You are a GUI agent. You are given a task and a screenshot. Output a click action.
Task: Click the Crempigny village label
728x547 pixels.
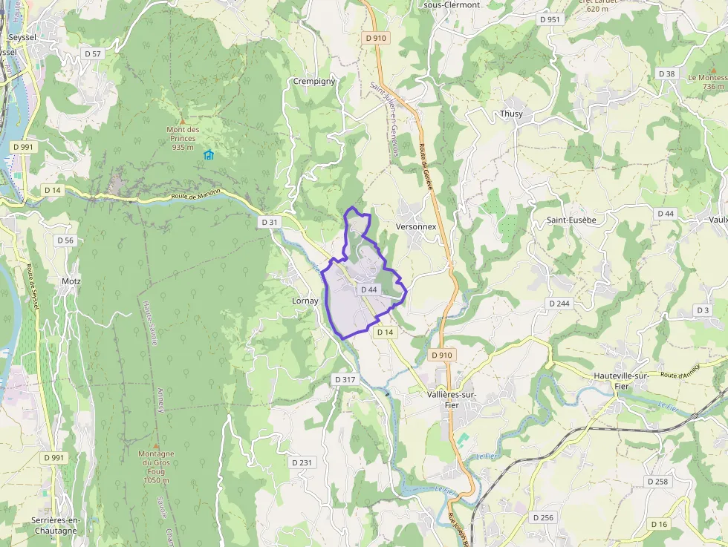point(314,81)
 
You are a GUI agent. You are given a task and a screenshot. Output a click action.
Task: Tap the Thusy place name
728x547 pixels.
point(511,114)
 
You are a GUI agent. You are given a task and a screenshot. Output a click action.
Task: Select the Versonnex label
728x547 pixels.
point(416,226)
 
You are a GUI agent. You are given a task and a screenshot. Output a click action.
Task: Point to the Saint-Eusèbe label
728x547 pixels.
point(571,220)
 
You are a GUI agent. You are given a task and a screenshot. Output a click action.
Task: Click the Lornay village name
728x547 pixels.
point(305,301)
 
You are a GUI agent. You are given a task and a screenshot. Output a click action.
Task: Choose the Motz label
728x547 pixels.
point(71,281)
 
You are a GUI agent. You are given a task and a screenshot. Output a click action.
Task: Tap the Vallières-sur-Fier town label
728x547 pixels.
point(452,400)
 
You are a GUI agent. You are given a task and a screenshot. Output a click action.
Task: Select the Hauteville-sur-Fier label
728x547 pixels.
point(622,381)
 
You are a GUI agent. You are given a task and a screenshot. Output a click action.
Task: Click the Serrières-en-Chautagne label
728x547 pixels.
point(56,525)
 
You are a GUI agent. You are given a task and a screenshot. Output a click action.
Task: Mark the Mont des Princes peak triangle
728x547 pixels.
point(183,119)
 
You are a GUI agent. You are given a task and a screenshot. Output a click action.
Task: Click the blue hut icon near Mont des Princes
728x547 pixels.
point(208,154)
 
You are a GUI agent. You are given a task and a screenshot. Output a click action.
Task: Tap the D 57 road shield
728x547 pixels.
point(93,53)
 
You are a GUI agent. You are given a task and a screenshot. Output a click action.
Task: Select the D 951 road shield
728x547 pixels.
point(550,19)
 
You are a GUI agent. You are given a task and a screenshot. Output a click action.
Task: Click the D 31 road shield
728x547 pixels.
point(269,222)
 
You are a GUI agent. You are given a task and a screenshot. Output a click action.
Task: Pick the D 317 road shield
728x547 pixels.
point(345,379)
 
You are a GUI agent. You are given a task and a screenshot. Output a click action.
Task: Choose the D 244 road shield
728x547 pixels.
point(559,304)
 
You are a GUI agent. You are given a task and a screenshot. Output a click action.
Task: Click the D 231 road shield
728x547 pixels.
point(302,462)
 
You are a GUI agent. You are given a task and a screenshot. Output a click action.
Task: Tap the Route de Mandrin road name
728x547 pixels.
point(195,196)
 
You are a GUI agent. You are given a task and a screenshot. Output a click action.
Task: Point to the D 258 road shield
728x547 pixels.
point(657,482)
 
